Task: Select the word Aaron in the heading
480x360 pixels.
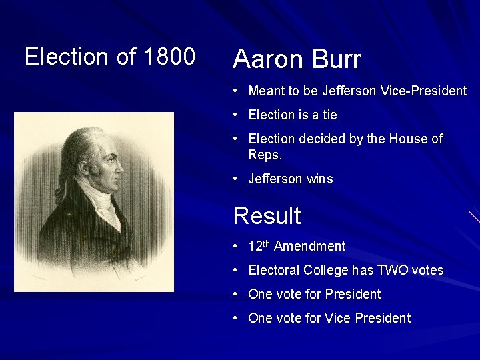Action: click(x=266, y=60)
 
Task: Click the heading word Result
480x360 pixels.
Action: click(x=267, y=216)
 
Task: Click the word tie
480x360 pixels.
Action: click(x=329, y=115)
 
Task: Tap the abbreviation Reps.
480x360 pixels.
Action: click(x=265, y=155)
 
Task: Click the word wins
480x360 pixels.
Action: click(x=319, y=179)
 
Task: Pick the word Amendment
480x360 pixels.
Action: click(x=309, y=246)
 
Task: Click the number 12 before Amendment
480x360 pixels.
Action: click(x=255, y=246)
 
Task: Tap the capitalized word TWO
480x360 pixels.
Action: click(x=392, y=270)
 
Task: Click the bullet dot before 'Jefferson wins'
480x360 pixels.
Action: click(x=237, y=179)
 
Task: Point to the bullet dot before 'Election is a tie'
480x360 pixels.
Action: click(x=237, y=115)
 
